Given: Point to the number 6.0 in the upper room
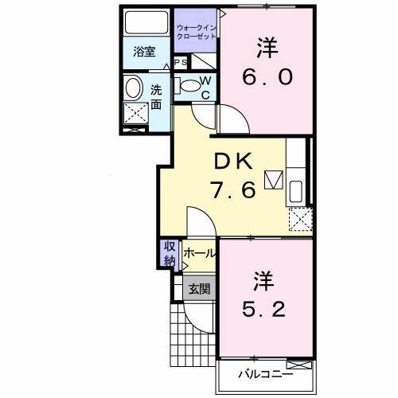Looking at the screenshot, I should coord(267,77).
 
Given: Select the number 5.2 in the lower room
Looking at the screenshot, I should coord(264,306).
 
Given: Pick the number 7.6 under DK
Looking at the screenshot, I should coord(232,190).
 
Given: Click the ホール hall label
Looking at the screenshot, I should coord(199,253).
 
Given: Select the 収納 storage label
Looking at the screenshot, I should coord(170,253).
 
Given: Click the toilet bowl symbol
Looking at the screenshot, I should coord(189,85).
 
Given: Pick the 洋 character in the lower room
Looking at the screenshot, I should coord(264,279).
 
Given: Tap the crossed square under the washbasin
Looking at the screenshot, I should coord(136,115).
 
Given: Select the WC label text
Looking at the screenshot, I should coord(205,88).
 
